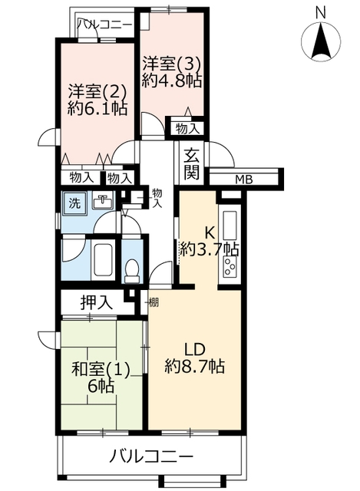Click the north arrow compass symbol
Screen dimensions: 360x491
pos(321,41)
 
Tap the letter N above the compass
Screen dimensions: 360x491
pos(320,13)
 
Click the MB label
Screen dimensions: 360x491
pos(244,180)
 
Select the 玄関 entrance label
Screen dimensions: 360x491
pos(191,164)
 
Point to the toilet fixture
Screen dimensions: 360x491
pos(132,271)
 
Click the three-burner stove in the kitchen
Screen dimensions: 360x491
pos(230,266)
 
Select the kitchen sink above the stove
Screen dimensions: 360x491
pos(230,226)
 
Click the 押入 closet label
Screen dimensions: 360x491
pos(96,302)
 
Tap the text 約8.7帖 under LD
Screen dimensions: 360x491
pos(194,365)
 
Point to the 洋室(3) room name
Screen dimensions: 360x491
pos(172,65)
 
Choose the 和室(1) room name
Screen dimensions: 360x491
pos(101,370)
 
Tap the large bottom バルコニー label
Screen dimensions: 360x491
pos(151,457)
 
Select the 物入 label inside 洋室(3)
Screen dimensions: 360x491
pos(187,128)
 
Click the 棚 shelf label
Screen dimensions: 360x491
pos(154,302)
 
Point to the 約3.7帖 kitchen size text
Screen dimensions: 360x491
pos(210,249)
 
